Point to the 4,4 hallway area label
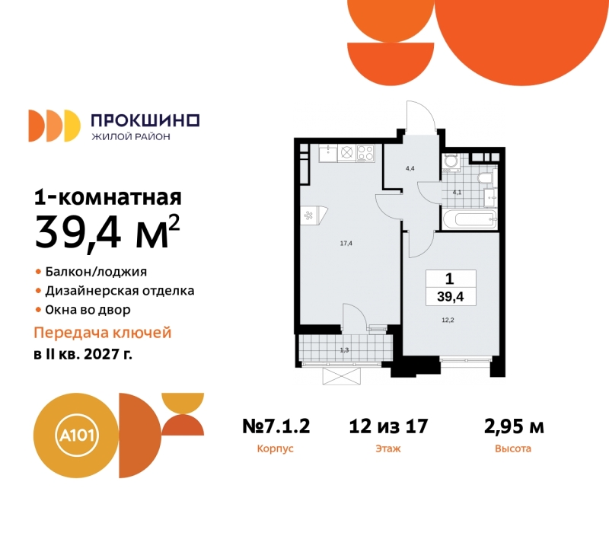tap(410, 168)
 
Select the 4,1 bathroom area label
tap(457, 192)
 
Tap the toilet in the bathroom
tap(484, 178)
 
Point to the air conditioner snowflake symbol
tap(308, 215)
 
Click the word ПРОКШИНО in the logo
tap(145, 120)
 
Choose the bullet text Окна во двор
tap(88, 310)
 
